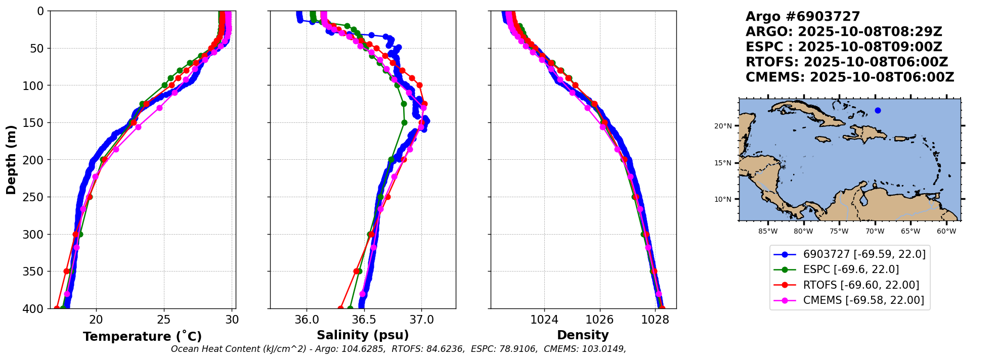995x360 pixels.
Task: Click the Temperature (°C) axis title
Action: click(x=142, y=337)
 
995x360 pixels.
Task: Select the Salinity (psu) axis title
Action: click(x=363, y=335)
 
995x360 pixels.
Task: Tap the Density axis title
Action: click(x=583, y=335)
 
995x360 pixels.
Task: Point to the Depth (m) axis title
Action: click(x=11, y=160)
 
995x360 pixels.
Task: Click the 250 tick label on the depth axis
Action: click(x=34, y=197)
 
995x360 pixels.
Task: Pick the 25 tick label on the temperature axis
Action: click(x=164, y=320)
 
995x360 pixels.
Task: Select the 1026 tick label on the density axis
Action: click(x=600, y=320)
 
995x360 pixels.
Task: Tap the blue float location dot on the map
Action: click(x=878, y=111)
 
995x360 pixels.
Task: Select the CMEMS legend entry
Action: click(x=863, y=300)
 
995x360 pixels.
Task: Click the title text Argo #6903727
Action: click(x=803, y=17)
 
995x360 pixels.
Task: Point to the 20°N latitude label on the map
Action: click(x=723, y=126)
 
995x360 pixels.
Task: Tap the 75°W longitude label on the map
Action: click(x=839, y=232)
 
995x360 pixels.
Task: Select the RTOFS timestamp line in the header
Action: click(x=846, y=62)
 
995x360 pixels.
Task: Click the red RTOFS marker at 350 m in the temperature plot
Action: click(x=67, y=272)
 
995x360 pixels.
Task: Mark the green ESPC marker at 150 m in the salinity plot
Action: click(x=404, y=122)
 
